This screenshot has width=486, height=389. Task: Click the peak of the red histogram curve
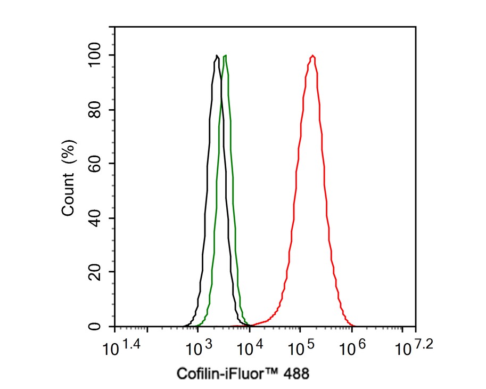tap(313, 55)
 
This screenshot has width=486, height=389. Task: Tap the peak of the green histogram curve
tap(226, 55)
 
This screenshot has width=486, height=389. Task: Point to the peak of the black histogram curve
tap(217, 55)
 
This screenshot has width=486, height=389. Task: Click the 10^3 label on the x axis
tap(197, 349)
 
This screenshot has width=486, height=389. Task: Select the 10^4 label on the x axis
tap(249, 349)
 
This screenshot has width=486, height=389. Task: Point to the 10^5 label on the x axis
tap(300, 349)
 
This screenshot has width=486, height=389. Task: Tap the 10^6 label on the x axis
tap(352, 349)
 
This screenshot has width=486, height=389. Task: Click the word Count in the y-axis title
tap(68, 198)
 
